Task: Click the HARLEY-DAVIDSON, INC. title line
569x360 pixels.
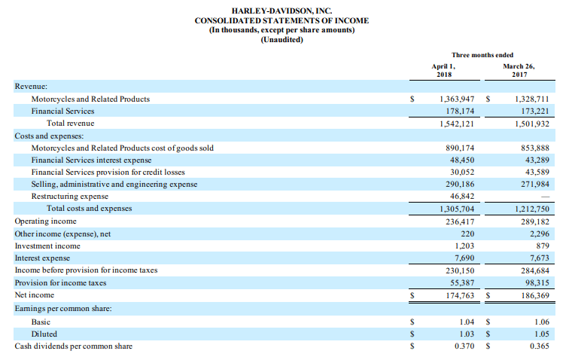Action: pyautogui.click(x=281, y=11)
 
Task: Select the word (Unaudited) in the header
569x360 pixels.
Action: pyautogui.click(x=281, y=40)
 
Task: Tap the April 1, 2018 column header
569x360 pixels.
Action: pyautogui.click(x=444, y=70)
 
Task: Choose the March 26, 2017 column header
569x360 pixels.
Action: pyautogui.click(x=519, y=70)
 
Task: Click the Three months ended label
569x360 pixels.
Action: pyautogui.click(x=482, y=55)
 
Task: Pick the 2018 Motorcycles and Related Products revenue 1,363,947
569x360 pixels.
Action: pyautogui.click(x=457, y=99)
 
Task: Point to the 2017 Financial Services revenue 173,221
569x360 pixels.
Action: pyautogui.click(x=535, y=111)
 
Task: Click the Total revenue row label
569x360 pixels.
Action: pyautogui.click(x=71, y=124)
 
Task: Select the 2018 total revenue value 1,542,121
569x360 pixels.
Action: pyautogui.click(x=457, y=124)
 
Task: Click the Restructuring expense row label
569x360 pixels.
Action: pyautogui.click(x=70, y=196)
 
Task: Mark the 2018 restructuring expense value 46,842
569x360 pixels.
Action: pyautogui.click(x=462, y=196)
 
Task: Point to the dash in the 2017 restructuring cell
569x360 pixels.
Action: pyautogui.click(x=545, y=197)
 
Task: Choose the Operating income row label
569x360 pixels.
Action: pyautogui.click(x=45, y=221)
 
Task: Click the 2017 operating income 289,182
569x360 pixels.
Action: pyautogui.click(x=535, y=221)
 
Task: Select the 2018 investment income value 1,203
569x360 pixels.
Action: pyautogui.click(x=464, y=246)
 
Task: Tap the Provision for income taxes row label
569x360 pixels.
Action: pyautogui.click(x=60, y=282)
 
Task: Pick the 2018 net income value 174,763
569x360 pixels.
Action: pyautogui.click(x=460, y=295)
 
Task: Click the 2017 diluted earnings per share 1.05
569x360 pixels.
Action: pyautogui.click(x=542, y=334)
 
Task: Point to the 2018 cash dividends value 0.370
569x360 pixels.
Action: pyautogui.click(x=464, y=346)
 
